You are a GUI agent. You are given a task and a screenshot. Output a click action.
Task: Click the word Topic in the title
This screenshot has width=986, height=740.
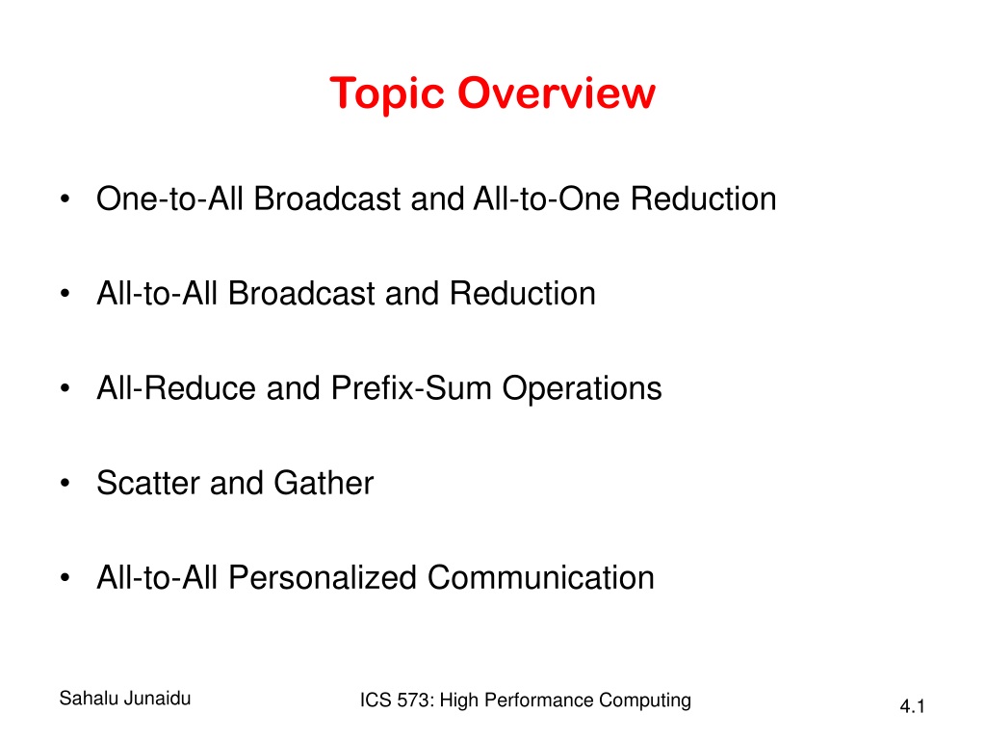[x=387, y=94]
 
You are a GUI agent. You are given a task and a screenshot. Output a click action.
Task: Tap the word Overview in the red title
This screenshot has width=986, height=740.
[x=557, y=93]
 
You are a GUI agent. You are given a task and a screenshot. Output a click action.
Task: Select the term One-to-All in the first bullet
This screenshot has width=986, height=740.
[x=169, y=198]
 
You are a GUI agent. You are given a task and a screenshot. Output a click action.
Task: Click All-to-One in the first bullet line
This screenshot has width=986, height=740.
[x=547, y=198]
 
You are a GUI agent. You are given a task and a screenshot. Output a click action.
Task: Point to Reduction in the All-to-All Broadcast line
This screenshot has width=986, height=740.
[x=523, y=293]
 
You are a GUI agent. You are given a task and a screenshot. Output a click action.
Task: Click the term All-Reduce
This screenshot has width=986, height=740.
[x=176, y=387]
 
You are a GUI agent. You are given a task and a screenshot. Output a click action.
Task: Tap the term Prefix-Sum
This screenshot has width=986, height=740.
[x=411, y=387]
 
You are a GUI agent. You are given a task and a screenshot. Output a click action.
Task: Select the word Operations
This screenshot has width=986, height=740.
[x=582, y=389]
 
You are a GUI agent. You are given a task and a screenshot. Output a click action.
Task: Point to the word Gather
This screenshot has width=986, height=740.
[x=324, y=483]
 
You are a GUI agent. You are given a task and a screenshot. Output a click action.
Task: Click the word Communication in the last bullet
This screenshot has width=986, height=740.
[x=541, y=578]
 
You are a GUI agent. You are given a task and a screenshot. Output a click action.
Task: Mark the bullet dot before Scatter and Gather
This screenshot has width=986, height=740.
[x=65, y=484]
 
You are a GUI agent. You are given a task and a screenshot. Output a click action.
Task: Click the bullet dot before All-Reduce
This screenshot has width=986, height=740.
[x=65, y=388]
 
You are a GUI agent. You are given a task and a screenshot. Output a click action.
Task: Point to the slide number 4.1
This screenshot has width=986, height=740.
[x=912, y=706]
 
